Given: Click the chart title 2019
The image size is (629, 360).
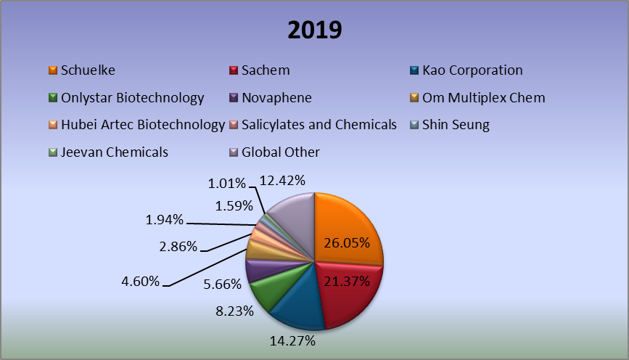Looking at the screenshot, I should click(314, 30).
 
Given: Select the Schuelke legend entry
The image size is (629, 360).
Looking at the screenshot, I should click(88, 70).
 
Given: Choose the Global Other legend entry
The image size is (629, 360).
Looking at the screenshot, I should click(280, 152).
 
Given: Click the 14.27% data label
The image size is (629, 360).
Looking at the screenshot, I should click(292, 340).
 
